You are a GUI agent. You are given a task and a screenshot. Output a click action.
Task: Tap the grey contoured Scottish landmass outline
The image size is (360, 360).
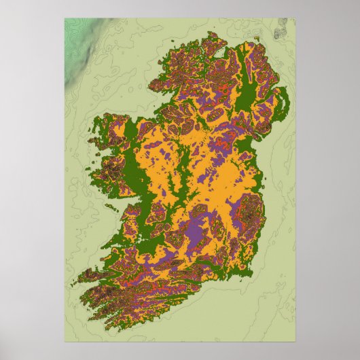point(281,31)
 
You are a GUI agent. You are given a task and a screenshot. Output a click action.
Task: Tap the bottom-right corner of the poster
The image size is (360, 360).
point(295,344)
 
